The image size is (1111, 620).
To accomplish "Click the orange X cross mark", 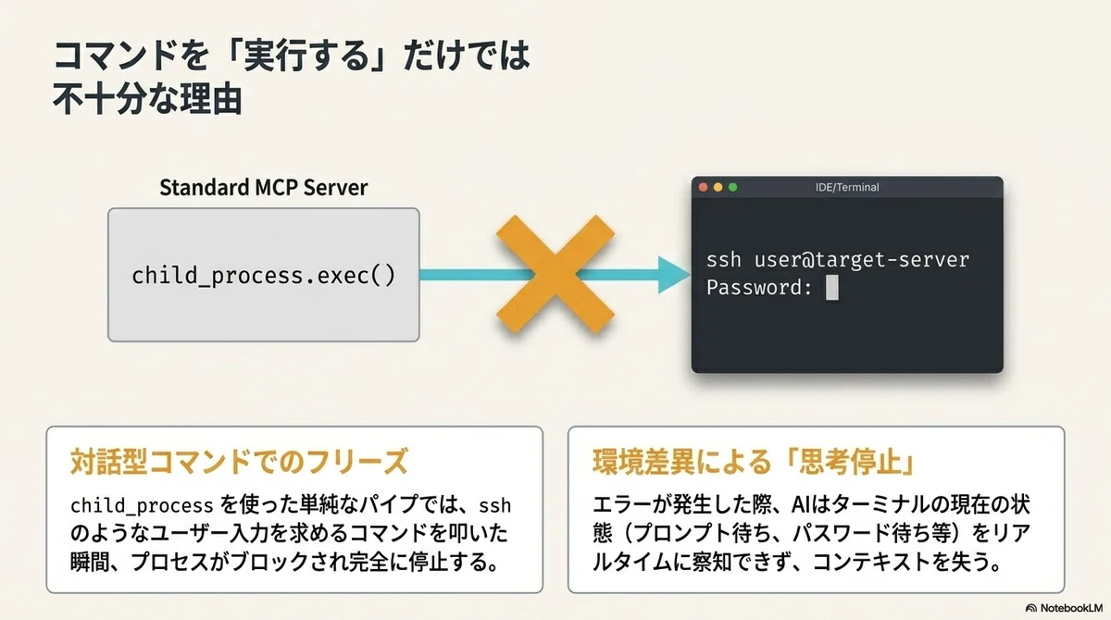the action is click(x=555, y=274).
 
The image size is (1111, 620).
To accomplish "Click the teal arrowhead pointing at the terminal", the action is click(x=674, y=275).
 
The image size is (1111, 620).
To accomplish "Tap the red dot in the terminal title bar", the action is click(x=703, y=187).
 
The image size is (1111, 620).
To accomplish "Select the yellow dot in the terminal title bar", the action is click(x=718, y=187).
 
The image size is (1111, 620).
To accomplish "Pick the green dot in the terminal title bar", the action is click(x=732, y=187).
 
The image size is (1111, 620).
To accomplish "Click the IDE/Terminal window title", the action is click(x=847, y=187).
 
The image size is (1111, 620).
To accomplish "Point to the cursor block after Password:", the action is click(x=831, y=288).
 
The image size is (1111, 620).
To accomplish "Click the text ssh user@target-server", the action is click(x=838, y=260).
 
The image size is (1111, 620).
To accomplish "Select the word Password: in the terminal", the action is click(x=759, y=288).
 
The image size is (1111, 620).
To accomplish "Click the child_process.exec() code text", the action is click(x=263, y=276).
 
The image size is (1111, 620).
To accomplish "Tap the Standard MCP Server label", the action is click(x=263, y=187).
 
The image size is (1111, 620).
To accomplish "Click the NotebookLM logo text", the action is click(x=1071, y=608).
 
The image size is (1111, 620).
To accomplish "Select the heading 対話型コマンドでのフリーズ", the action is click(x=239, y=462).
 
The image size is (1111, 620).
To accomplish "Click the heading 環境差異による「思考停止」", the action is click(x=754, y=462).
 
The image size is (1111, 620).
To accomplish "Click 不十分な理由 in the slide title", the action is click(x=147, y=99).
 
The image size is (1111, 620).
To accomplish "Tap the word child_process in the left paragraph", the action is click(x=142, y=506).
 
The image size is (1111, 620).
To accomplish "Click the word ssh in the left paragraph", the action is click(x=494, y=506).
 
